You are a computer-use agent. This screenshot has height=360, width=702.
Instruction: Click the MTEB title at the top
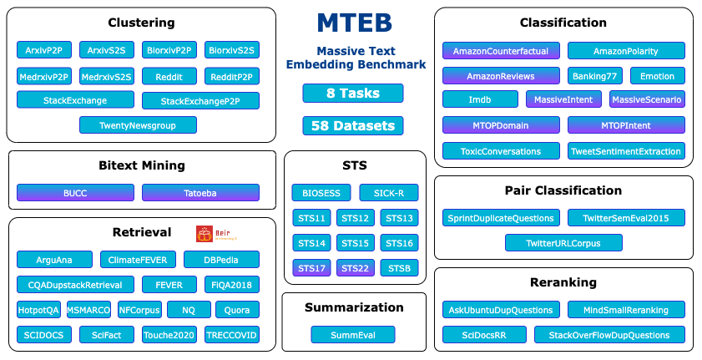pos(354,23)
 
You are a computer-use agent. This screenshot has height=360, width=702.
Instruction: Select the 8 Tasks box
pos(352,93)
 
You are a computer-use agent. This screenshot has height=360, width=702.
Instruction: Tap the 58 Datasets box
pos(352,126)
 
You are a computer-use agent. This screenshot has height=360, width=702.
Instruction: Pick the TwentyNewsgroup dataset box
pos(138,125)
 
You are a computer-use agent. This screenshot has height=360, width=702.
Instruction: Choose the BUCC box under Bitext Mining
pos(74,193)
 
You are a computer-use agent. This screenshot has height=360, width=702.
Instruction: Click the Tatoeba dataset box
pos(199,193)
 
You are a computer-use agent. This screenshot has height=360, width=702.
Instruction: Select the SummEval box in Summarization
pos(352,335)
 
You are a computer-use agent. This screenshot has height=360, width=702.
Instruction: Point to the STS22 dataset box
pos(356,268)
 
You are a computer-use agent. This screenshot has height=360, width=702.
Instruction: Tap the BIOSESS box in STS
pos(321,193)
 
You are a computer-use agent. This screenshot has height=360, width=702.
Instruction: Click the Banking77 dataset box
pos(594,76)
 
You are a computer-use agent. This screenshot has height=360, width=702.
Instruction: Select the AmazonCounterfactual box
pos(500,51)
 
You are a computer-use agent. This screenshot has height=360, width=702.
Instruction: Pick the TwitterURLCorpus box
pos(563,243)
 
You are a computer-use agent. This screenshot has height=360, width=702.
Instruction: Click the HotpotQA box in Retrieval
pos(38,310)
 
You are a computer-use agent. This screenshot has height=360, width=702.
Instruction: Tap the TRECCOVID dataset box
pos(231,335)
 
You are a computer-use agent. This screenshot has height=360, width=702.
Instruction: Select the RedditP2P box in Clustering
pos(231,76)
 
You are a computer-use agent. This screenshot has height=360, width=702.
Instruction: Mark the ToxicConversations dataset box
pos(500,151)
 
